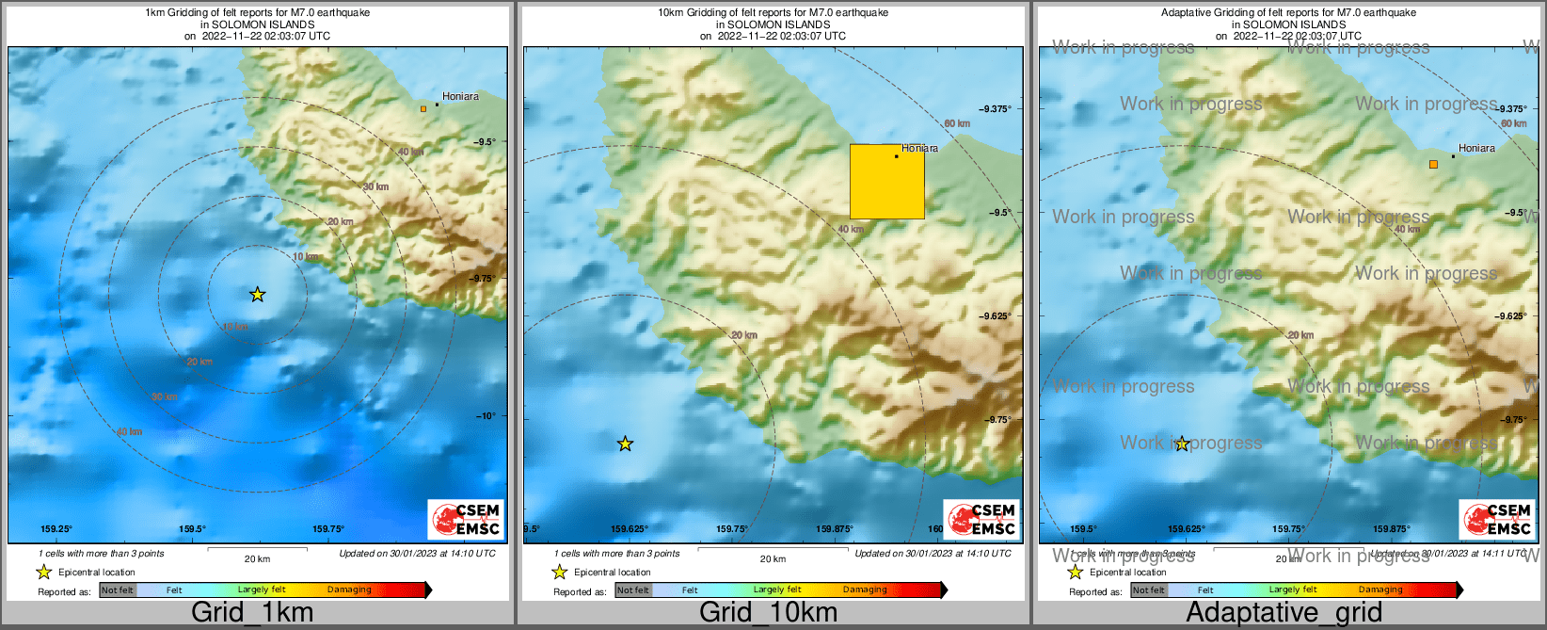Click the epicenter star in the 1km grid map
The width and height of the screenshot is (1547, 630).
[258, 295]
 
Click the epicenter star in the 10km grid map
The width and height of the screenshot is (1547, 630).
[625, 444]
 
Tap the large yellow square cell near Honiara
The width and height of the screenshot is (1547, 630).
[886, 182]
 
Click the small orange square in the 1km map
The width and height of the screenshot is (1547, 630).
[423, 109]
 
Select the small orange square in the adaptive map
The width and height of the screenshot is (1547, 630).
[1433, 164]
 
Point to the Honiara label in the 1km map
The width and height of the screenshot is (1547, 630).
[460, 96]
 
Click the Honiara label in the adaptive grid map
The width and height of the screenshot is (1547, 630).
[1476, 148]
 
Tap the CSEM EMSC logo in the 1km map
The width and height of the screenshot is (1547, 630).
[467, 519]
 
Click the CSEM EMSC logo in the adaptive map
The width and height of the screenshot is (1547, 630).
[1497, 519]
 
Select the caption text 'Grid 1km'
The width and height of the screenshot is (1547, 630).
[252, 612]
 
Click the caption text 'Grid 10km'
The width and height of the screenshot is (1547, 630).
[768, 612]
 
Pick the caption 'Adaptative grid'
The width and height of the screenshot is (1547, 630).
[1284, 612]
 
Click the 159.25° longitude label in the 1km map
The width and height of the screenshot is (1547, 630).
[56, 529]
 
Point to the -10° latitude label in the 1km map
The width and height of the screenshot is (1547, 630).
[486, 415]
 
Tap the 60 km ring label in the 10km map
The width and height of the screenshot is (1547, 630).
[956, 123]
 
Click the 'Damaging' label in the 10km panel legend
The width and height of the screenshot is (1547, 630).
[865, 590]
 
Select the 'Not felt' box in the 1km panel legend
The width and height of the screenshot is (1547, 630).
[118, 590]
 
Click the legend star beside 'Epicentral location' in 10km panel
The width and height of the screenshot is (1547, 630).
[559, 572]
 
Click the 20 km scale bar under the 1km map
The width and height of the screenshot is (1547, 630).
[257, 548]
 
